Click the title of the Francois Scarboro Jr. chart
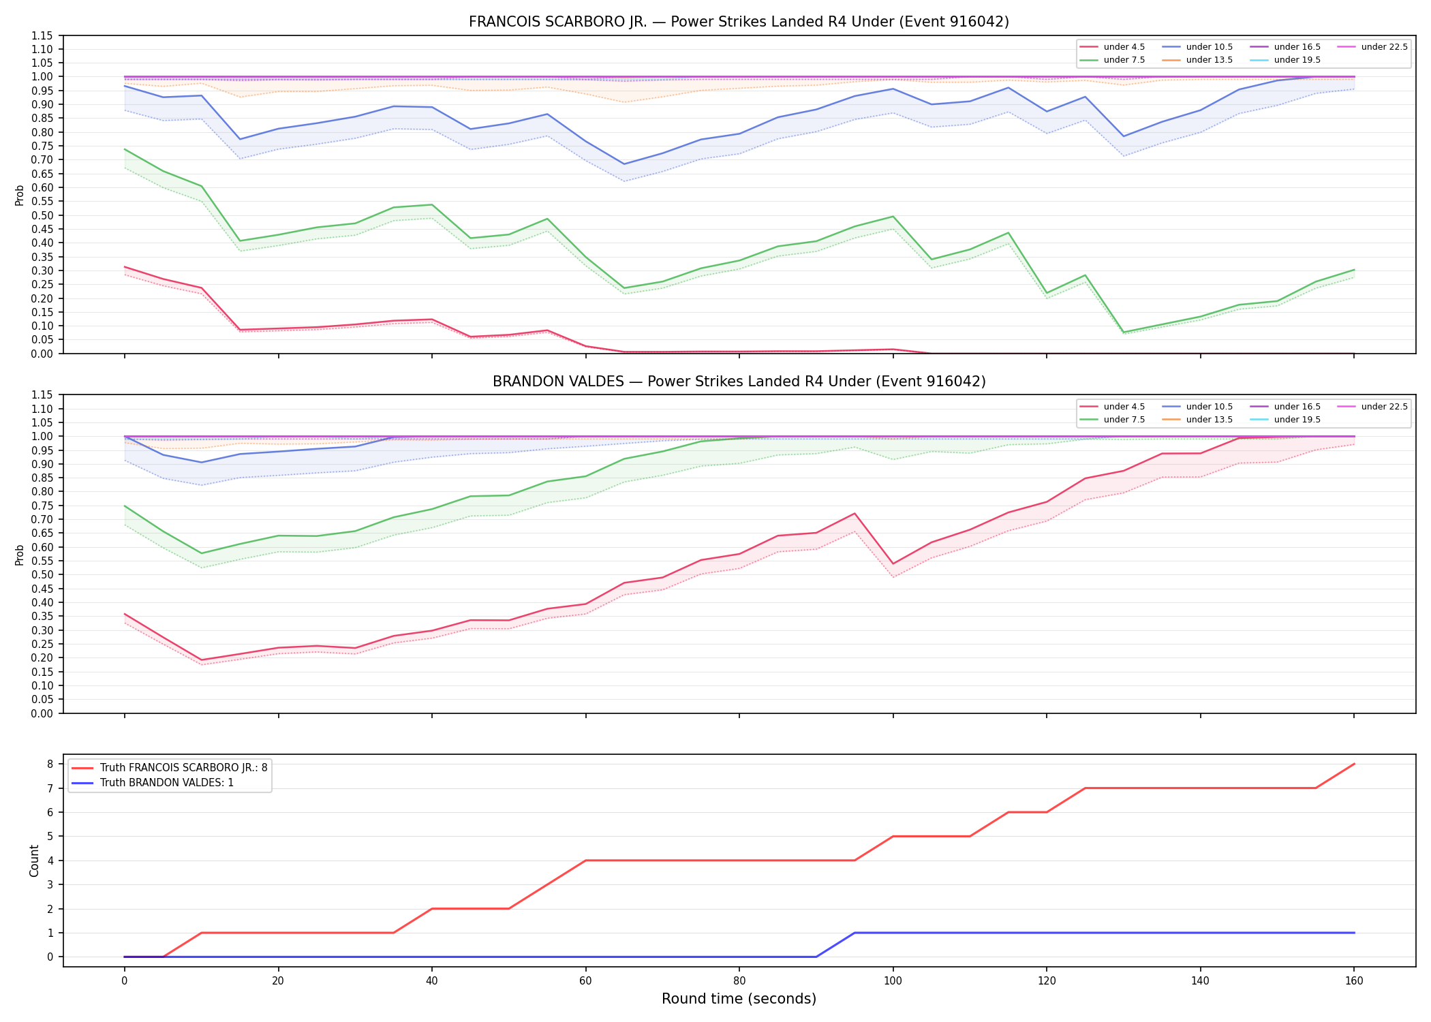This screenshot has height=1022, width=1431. coord(739,22)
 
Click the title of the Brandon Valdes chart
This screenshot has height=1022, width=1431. coord(739,382)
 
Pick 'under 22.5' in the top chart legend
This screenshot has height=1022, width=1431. coord(1384,47)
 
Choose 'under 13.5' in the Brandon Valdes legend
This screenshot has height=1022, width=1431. coord(1209,420)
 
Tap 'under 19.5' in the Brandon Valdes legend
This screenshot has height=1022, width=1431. coord(1297,420)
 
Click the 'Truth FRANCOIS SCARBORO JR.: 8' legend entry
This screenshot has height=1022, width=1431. coord(183,768)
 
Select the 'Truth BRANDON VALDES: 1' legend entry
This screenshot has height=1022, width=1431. coord(166,783)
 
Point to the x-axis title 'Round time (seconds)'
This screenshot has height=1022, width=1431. coord(739,999)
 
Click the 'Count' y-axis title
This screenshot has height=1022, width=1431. coord(34,861)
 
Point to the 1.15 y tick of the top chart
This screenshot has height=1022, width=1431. coord(42,35)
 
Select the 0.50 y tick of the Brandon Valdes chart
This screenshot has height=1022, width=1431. coord(42,574)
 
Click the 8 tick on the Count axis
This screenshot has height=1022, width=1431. coord(50,764)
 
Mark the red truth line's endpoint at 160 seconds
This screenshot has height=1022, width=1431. coord(1353,764)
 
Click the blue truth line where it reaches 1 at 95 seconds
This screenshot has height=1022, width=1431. coord(855,933)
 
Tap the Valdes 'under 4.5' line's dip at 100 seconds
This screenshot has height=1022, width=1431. coord(893,564)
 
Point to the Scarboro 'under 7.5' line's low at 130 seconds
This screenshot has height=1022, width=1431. coord(1124,332)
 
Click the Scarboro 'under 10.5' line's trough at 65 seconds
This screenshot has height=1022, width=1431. coord(624,164)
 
